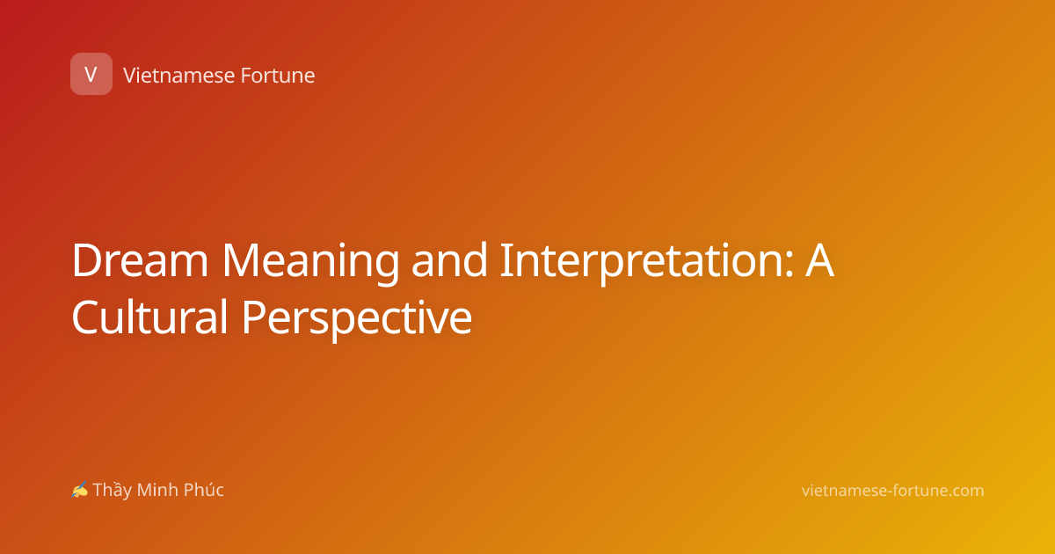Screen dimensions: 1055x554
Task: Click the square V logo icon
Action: click(x=91, y=74)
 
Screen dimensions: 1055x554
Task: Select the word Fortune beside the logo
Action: click(x=278, y=76)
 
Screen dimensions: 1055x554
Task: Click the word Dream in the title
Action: click(x=140, y=260)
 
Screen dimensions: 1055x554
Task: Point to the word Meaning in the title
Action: click(x=310, y=263)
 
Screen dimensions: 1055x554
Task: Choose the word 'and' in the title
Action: click(x=449, y=259)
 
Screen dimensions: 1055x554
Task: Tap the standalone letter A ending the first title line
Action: click(x=820, y=260)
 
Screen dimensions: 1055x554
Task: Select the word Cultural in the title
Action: click(x=149, y=317)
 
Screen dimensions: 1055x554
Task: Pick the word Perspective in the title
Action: click(x=357, y=319)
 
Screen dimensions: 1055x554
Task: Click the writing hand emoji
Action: click(x=80, y=490)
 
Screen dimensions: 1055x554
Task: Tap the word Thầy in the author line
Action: click(x=113, y=490)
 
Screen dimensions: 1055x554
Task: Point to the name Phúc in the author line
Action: click(x=203, y=490)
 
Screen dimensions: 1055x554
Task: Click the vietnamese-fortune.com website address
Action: click(x=892, y=491)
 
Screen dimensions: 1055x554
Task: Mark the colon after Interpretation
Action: click(x=789, y=265)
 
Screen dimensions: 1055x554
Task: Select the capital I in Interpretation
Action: click(x=506, y=260)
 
